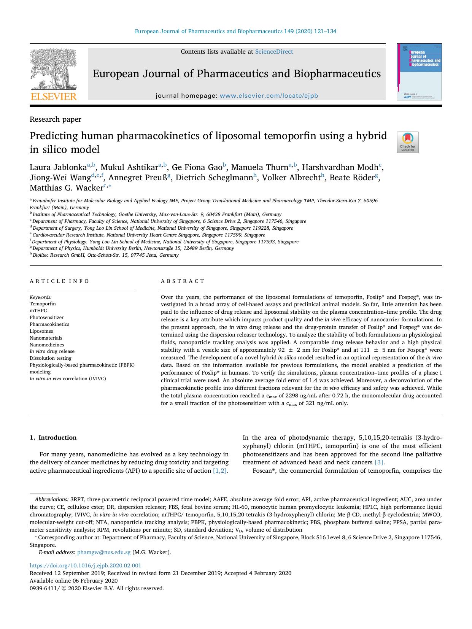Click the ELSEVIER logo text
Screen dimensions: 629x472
tap(53, 97)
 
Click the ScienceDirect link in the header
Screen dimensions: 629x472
tap(274, 52)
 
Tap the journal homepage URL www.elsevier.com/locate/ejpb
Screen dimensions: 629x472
tap(269, 96)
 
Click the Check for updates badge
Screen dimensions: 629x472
tap(407, 142)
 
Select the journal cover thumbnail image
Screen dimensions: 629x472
tap(420, 71)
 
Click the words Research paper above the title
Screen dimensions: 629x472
tap(56, 119)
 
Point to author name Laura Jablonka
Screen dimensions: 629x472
tap(58, 167)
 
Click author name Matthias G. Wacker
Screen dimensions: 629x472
tap(67, 187)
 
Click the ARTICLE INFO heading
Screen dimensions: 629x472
tap(59, 281)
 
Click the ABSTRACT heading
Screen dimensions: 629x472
tap(183, 281)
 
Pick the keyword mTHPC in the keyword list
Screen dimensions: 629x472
tap(38, 311)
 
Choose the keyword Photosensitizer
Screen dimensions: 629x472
tap(47, 318)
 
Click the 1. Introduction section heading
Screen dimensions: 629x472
tap(53, 438)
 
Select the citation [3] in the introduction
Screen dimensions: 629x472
tap(379, 462)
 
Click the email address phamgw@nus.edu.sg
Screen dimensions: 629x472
tap(104, 552)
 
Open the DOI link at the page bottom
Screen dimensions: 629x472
tap(85, 565)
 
